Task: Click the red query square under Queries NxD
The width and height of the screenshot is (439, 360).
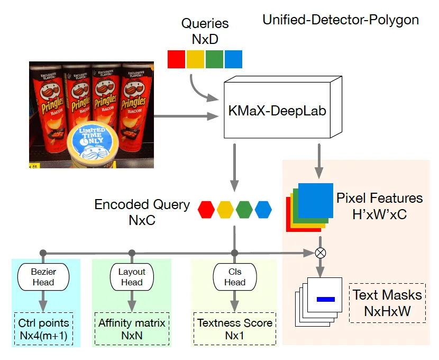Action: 177,59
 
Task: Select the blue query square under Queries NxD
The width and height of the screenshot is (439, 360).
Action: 233,59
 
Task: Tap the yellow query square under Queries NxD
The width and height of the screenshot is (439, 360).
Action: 195,59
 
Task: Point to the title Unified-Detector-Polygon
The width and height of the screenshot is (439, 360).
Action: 341,21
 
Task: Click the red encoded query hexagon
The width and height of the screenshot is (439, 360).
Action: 206,209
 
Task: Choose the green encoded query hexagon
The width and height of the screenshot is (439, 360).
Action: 244,209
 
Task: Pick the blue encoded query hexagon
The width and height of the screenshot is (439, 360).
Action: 263,209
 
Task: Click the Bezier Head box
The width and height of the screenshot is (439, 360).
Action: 43,277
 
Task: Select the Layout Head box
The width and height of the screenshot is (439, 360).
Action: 132,277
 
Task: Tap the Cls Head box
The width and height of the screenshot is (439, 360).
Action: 235,277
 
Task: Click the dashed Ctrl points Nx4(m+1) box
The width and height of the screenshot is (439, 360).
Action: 43,328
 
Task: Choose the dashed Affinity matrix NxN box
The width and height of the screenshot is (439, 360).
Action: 132,328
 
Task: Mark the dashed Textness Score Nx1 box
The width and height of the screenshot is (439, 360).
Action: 235,328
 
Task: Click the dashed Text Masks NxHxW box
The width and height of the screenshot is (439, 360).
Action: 387,303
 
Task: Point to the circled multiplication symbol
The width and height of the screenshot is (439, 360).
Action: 319,253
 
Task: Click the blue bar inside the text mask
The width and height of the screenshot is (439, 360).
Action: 326,300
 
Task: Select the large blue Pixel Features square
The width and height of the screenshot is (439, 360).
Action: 315,201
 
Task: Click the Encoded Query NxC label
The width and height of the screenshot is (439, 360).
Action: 142,212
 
